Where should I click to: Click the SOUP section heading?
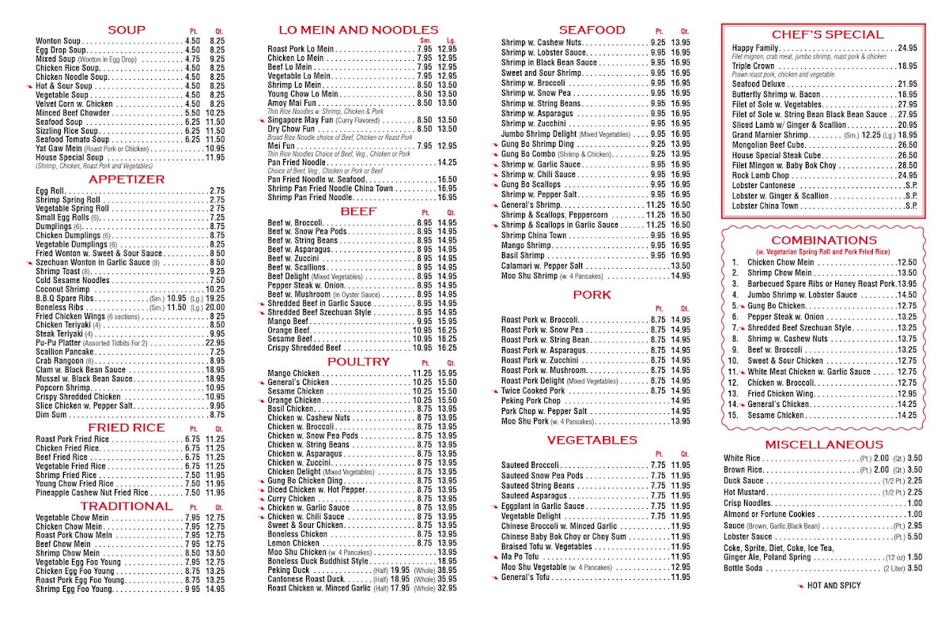click(x=127, y=30)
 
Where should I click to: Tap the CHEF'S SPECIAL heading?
click(x=827, y=34)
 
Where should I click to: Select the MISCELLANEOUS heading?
click(x=824, y=444)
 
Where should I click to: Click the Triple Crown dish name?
click(x=753, y=66)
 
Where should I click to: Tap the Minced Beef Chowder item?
click(x=72, y=113)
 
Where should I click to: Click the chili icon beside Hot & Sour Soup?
click(x=28, y=86)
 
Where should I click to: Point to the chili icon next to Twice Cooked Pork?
click(x=495, y=390)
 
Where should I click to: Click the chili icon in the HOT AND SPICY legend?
click(x=800, y=586)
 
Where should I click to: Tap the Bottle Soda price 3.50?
click(x=914, y=567)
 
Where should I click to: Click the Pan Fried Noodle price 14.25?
click(x=446, y=162)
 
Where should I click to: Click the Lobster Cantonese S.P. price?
click(x=911, y=186)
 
